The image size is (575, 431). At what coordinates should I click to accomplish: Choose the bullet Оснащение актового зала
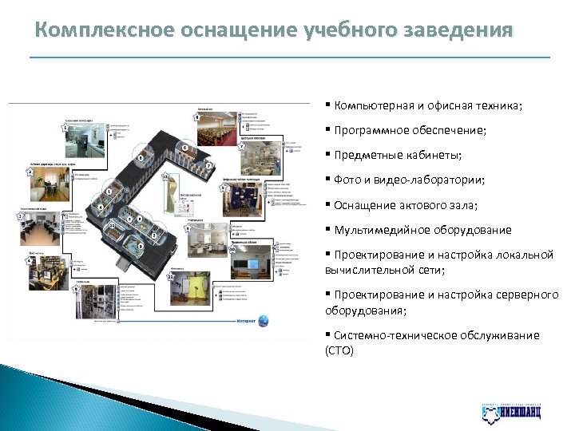(x=406, y=205)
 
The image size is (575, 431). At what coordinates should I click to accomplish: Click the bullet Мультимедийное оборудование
(x=423, y=230)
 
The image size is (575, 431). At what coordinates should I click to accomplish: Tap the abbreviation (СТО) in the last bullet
(x=339, y=350)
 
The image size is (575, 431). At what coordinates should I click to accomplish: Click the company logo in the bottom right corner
(x=511, y=412)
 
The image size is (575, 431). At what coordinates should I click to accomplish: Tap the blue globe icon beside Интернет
(x=264, y=321)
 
